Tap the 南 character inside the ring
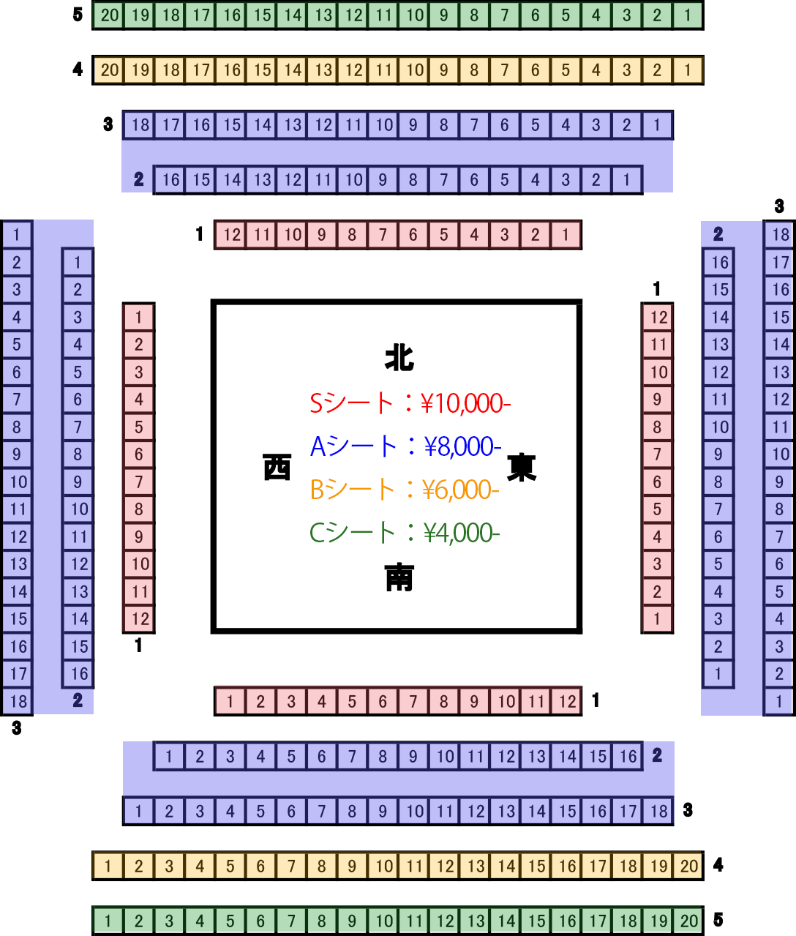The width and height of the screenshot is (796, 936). click(399, 577)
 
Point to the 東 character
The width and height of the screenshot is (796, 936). click(522, 467)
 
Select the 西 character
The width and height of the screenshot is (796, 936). click(277, 467)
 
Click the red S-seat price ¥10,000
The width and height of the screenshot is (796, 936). click(465, 403)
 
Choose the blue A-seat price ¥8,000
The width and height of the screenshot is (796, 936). click(462, 446)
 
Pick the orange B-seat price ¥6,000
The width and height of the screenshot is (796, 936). click(460, 490)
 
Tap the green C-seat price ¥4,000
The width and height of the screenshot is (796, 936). click(462, 533)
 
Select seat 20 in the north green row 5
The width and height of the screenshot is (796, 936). click(109, 15)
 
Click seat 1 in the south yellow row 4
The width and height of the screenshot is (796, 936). click(108, 866)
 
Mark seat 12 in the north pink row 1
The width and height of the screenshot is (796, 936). click(231, 235)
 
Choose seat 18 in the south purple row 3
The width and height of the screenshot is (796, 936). click(658, 811)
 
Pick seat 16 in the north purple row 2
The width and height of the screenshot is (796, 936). click(170, 180)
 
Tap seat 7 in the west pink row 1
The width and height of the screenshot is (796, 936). click(138, 482)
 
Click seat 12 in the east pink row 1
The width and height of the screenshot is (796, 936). click(657, 317)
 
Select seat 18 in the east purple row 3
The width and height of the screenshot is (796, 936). click(780, 235)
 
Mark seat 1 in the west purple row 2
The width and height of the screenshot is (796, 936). click(78, 262)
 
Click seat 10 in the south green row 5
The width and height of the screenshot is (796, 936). click(384, 921)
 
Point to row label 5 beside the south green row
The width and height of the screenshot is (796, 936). click(718, 920)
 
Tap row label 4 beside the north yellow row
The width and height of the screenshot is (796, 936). click(78, 70)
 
